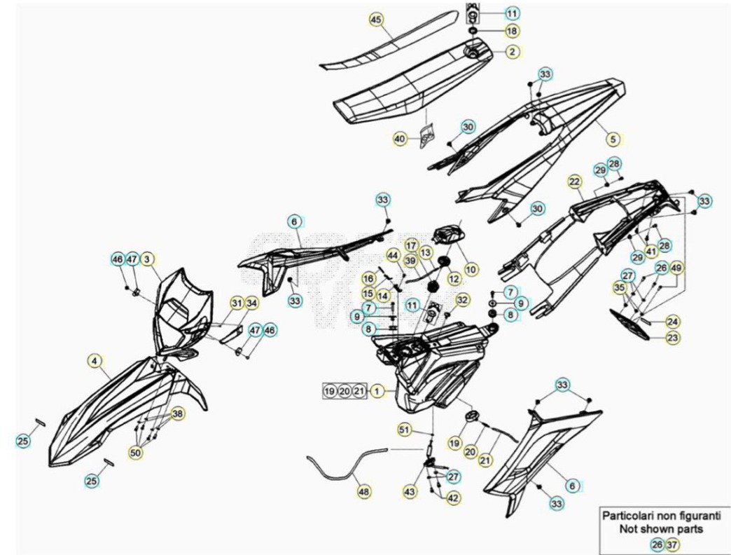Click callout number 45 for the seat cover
coord(376,20)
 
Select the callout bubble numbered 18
coord(512,31)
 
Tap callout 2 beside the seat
coord(512,51)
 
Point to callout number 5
coord(613,139)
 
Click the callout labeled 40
coord(400,139)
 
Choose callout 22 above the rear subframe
coord(574,181)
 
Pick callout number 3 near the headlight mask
coord(147,259)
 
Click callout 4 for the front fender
coord(95,360)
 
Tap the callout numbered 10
coord(471,269)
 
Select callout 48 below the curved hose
coord(364,491)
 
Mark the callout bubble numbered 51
coord(405,429)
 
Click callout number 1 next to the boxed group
coord(377,391)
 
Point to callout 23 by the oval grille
coord(673,337)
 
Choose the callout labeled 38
coord(177,413)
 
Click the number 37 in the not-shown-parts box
coord(671,544)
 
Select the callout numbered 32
coord(462,299)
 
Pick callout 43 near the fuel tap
coord(410,491)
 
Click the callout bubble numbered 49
coord(676,268)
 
